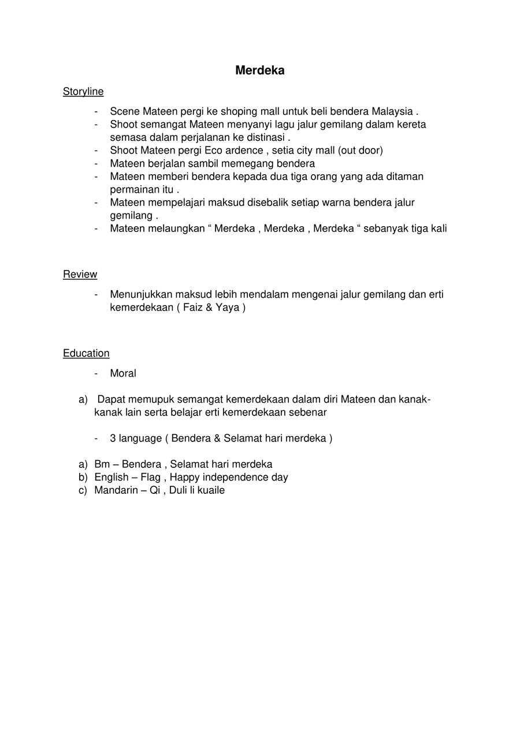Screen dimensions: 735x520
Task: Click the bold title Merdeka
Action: click(x=259, y=70)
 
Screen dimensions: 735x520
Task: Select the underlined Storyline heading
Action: click(x=83, y=91)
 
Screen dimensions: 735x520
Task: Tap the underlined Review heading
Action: click(x=80, y=274)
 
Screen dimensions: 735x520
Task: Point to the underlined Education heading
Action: click(x=86, y=353)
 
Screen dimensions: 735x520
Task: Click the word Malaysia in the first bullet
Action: click(x=392, y=111)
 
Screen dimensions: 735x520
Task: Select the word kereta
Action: click(x=411, y=124)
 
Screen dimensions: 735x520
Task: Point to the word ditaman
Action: click(x=403, y=177)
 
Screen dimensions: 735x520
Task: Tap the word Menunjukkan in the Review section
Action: click(x=142, y=294)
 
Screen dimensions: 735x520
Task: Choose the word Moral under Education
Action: click(x=123, y=373)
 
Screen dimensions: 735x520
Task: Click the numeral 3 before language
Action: click(x=113, y=438)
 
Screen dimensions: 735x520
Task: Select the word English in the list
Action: click(x=112, y=477)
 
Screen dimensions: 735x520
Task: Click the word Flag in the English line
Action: click(x=150, y=477)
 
